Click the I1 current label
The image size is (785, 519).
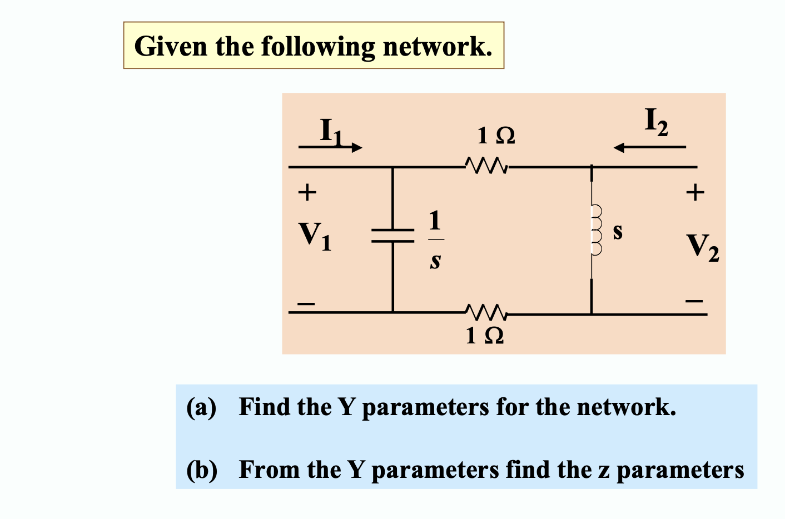pyautogui.click(x=332, y=131)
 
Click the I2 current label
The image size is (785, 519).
pyautogui.click(x=656, y=122)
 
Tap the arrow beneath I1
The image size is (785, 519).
pyautogui.click(x=330, y=147)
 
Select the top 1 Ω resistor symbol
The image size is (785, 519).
pyautogui.click(x=485, y=166)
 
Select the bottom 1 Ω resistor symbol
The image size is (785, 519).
pyautogui.click(x=485, y=313)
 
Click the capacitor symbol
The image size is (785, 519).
pyautogui.click(x=392, y=236)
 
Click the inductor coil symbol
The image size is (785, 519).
pyautogui.click(x=595, y=229)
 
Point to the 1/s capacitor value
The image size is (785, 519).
pyautogui.click(x=435, y=239)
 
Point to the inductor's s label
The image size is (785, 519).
pyautogui.click(x=618, y=231)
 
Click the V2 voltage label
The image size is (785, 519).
pyautogui.click(x=702, y=247)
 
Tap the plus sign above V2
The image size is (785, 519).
pyautogui.click(x=695, y=193)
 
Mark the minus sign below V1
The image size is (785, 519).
pyautogui.click(x=306, y=303)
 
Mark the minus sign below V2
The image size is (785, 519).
pyautogui.click(x=694, y=301)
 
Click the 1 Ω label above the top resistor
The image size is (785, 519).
pyautogui.click(x=496, y=136)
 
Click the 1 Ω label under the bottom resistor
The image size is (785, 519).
pyautogui.click(x=485, y=336)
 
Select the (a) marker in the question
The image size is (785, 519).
pyautogui.click(x=201, y=407)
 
